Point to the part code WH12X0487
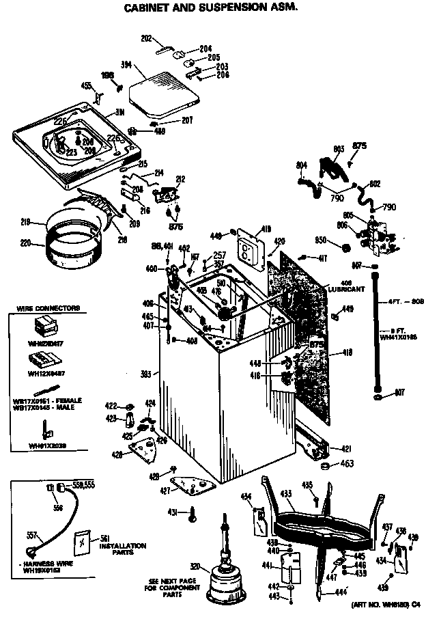tap(46, 373)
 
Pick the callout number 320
tap(195, 566)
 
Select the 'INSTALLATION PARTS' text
tap(123, 548)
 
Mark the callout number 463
tap(347, 465)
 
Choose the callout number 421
tap(346, 449)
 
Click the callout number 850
tap(321, 240)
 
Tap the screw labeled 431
tap(193, 512)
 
